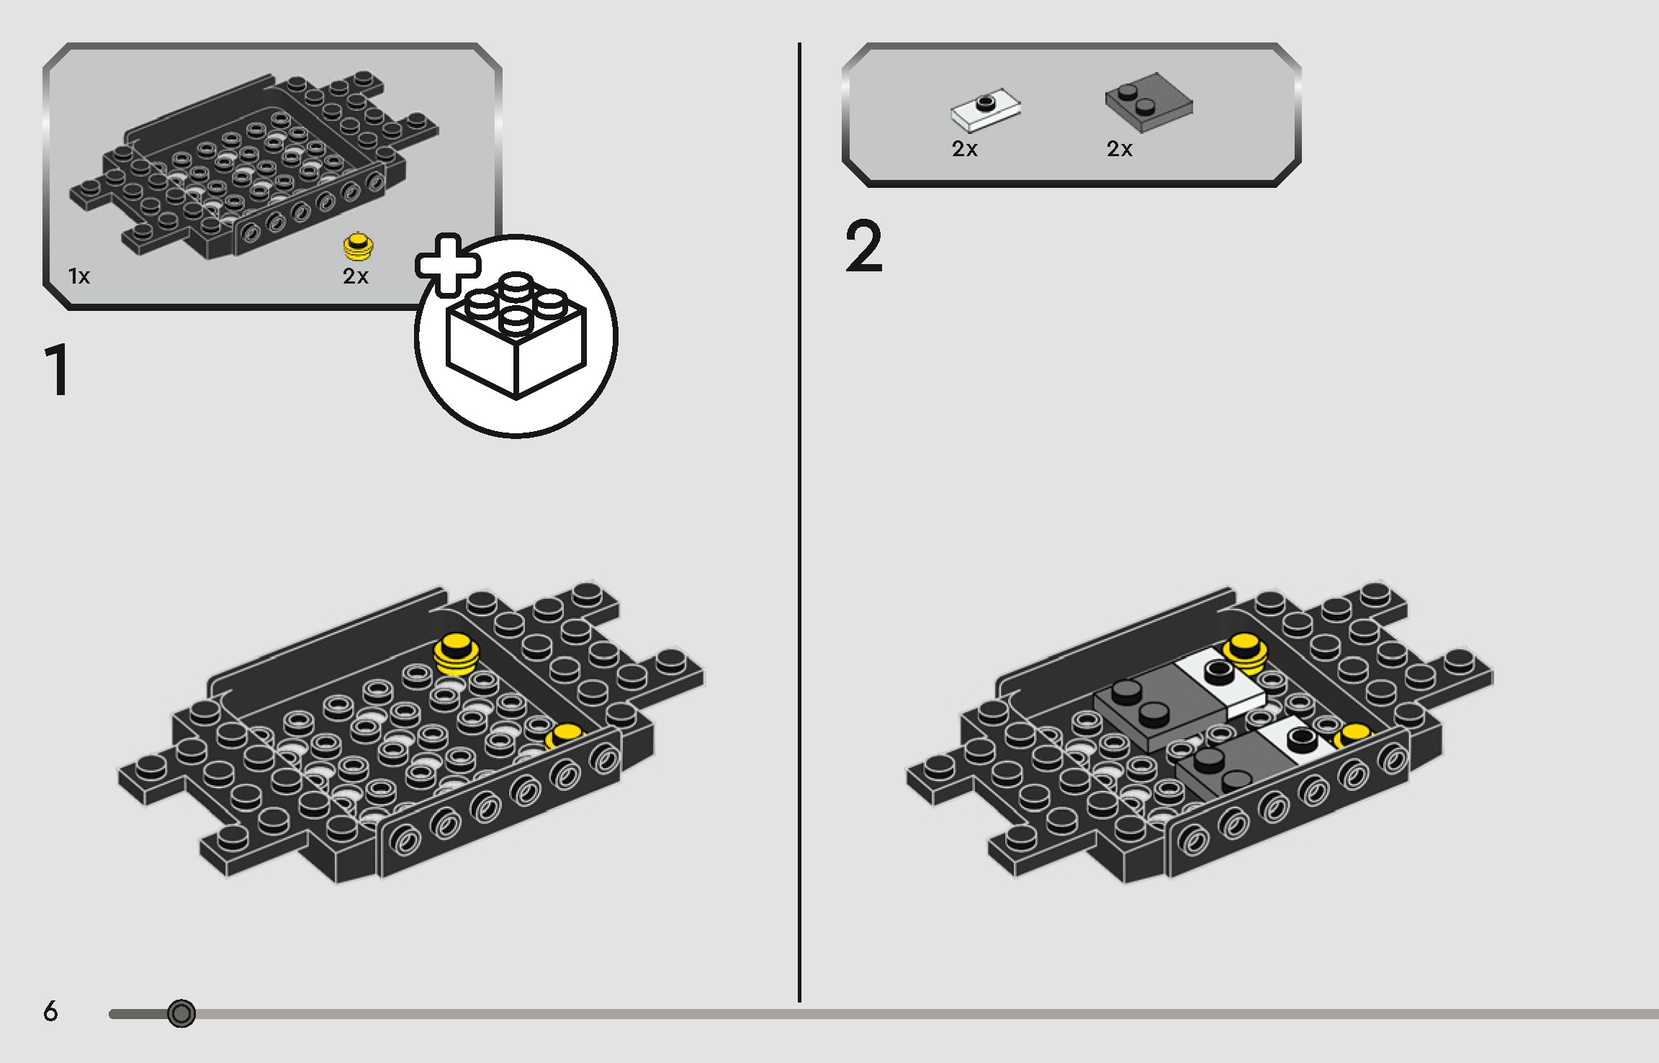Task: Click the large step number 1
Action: [58, 370]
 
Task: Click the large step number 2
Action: [863, 246]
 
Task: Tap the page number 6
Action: [50, 1011]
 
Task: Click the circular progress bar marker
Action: [181, 1013]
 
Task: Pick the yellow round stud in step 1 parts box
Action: [358, 246]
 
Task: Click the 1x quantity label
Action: [79, 276]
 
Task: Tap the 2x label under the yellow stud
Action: [356, 276]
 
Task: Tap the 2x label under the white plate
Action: [965, 149]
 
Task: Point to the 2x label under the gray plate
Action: [1120, 149]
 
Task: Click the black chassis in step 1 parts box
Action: [252, 166]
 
